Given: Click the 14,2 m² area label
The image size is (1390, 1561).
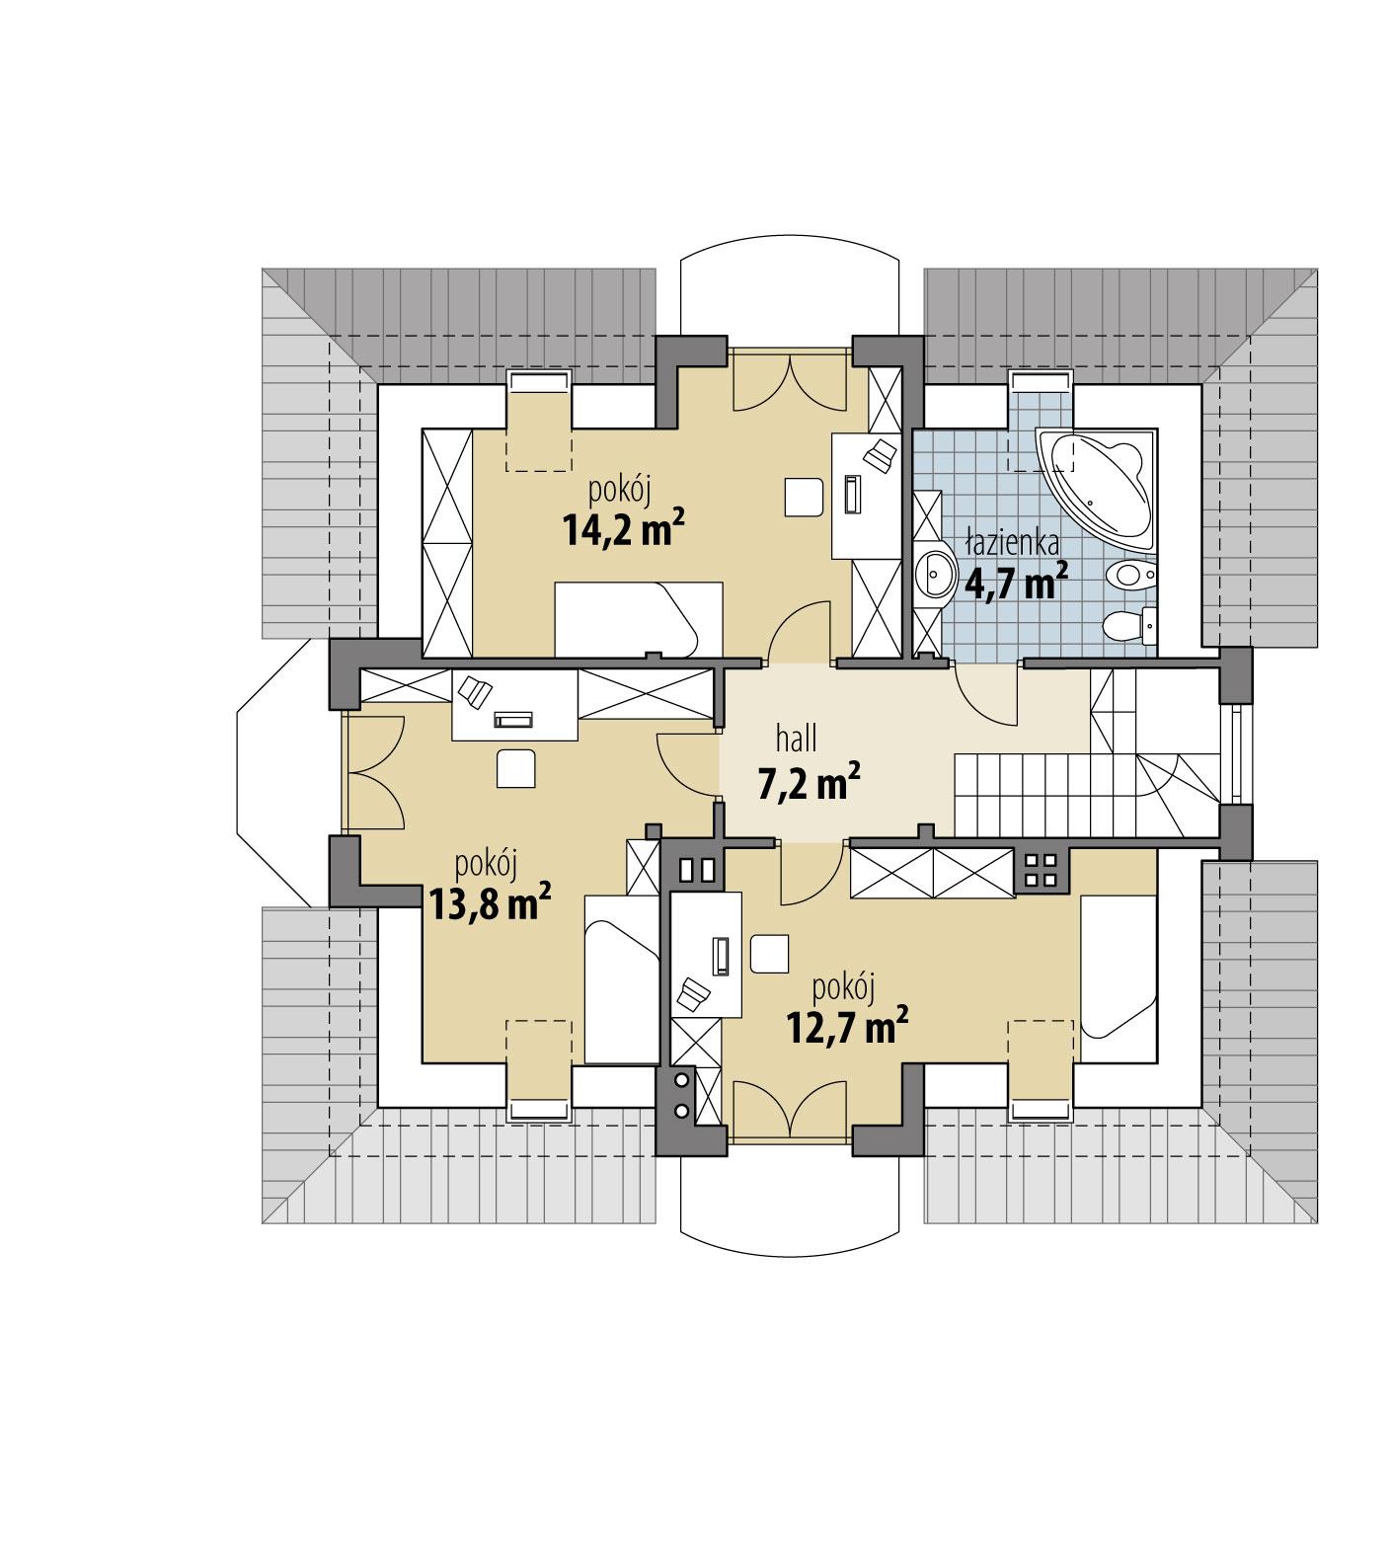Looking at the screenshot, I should point(624,530).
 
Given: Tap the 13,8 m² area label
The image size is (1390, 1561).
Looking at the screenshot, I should point(489,901).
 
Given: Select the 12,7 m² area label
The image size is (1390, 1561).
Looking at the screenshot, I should point(847,1027).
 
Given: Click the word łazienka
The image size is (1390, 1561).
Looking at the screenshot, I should point(1013,542).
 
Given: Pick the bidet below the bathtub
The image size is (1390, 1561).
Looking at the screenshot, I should point(1130,574).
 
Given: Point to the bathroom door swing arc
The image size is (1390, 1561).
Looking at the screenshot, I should point(987,696).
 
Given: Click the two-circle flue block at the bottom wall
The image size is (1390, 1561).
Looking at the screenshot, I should point(681,1096).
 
